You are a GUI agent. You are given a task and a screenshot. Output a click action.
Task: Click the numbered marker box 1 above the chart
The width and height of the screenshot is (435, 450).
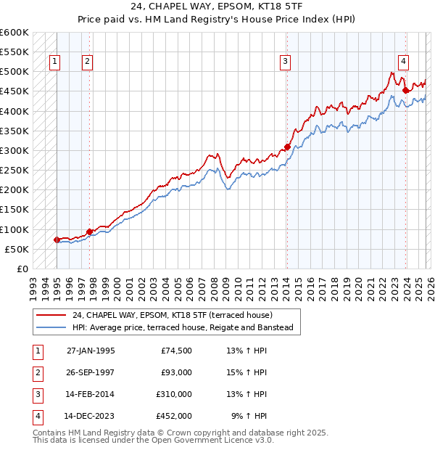(55, 62)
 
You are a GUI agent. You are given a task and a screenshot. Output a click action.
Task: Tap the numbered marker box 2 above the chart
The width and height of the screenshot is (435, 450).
(87, 62)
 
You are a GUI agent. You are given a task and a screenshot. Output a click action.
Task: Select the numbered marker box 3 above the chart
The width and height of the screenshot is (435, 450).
(286, 62)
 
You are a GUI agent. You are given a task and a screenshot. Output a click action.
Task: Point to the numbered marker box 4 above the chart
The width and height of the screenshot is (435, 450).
(403, 62)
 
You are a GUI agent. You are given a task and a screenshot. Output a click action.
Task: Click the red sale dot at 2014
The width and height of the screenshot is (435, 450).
(288, 147)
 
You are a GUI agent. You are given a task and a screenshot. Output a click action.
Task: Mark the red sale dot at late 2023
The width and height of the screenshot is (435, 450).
(406, 91)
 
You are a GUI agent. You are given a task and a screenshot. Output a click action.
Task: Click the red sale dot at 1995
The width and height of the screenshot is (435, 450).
(57, 240)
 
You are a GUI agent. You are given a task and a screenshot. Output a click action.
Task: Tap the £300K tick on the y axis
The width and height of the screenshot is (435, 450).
(14, 151)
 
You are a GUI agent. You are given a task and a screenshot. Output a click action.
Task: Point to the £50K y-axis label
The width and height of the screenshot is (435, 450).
(17, 249)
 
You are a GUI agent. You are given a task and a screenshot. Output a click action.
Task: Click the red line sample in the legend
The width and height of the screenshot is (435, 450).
(51, 316)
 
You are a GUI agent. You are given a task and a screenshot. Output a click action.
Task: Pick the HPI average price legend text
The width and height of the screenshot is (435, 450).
(182, 328)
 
